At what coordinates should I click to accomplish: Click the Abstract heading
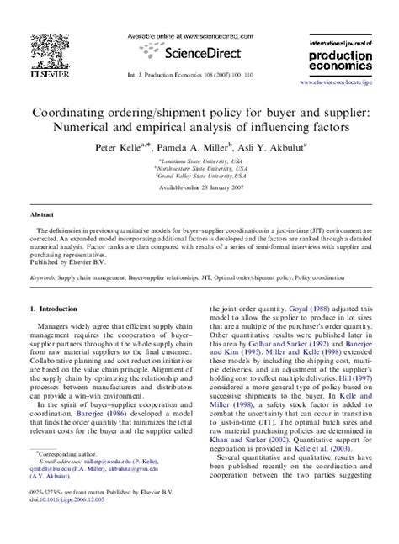coord(42,214)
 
